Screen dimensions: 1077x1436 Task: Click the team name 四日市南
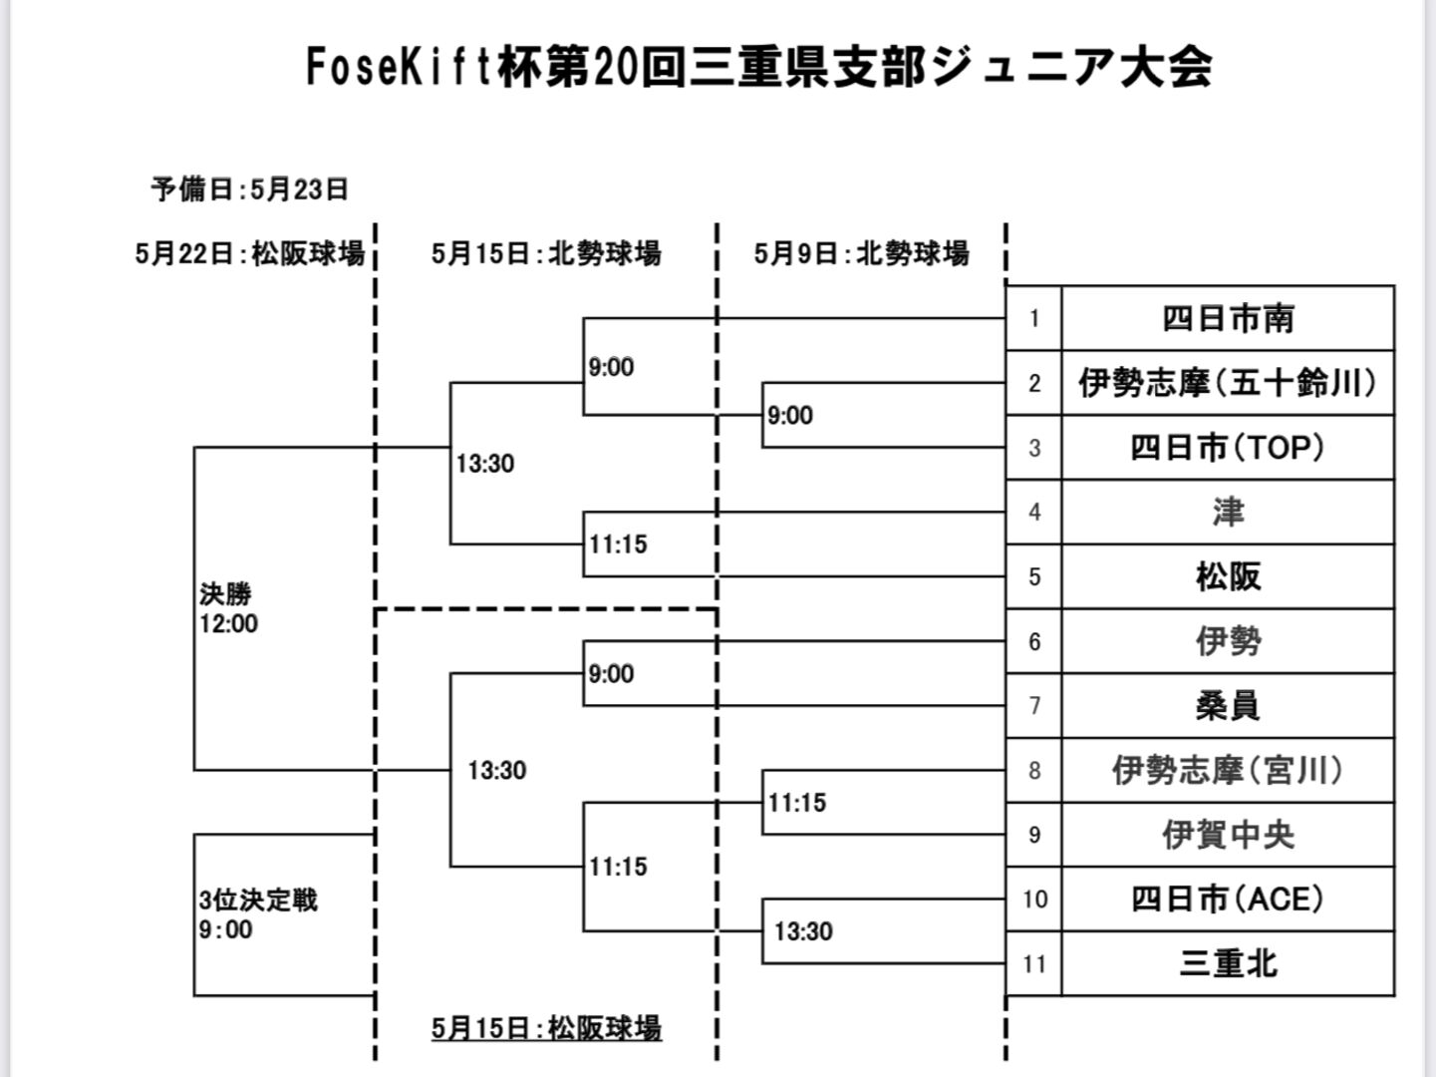click(x=1228, y=319)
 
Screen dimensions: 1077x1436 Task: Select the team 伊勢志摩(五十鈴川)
click(x=1228, y=383)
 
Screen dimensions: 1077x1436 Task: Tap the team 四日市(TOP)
click(x=1228, y=448)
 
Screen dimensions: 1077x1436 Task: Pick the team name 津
click(x=1228, y=513)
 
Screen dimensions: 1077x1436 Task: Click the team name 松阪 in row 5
click(x=1228, y=576)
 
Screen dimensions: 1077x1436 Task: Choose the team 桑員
click(x=1228, y=706)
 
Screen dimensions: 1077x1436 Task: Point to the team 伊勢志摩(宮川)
click(x=1228, y=770)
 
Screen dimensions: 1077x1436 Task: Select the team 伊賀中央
click(x=1228, y=835)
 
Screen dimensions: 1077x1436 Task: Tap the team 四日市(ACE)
click(x=1228, y=899)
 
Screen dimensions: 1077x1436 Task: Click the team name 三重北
click(x=1228, y=964)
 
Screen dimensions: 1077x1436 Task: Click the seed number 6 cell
click(x=1034, y=641)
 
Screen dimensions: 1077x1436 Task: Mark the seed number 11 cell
click(x=1034, y=964)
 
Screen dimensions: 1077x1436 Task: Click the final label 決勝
click(x=225, y=594)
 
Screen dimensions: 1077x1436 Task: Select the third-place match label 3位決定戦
click(x=258, y=900)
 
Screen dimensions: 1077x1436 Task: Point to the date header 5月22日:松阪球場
click(x=250, y=254)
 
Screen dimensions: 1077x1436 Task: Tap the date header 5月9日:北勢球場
click(x=861, y=254)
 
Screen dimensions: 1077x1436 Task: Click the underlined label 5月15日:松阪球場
click(x=546, y=1028)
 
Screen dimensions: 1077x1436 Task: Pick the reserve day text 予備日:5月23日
click(x=250, y=188)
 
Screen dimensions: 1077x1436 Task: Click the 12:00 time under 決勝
click(x=229, y=624)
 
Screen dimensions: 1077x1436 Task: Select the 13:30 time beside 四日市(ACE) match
click(x=803, y=931)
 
